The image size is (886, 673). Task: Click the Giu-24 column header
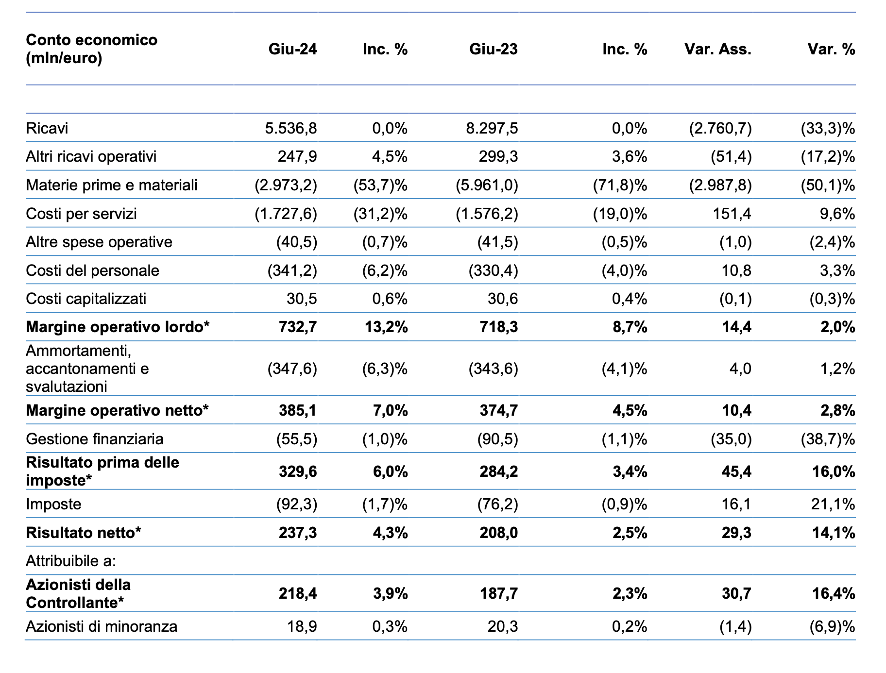(292, 49)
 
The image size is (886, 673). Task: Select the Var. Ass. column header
(718, 49)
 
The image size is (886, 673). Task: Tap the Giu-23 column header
(494, 49)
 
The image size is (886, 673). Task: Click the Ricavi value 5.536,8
(291, 128)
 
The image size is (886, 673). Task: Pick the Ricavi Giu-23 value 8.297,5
(492, 128)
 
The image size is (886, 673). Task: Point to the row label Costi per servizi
(81, 214)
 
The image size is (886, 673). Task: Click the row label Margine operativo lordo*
(118, 327)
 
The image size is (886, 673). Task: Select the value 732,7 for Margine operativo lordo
(298, 327)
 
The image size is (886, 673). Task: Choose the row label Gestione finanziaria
(95, 439)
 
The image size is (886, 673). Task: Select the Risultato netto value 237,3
(298, 533)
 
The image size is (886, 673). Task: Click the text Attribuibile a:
(71, 561)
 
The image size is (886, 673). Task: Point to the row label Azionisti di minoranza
(102, 626)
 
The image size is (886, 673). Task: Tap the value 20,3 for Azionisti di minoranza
(503, 626)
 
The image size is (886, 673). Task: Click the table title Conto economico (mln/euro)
(92, 49)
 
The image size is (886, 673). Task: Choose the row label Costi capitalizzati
(86, 299)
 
